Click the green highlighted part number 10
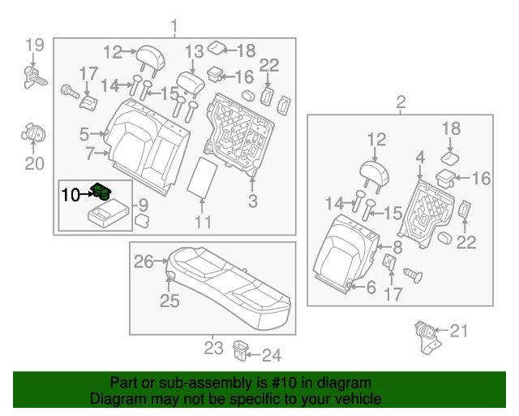(x=103, y=193)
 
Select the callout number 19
(x=33, y=45)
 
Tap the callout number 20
(x=33, y=163)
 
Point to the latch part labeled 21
(x=422, y=334)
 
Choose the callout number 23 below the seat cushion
(x=212, y=348)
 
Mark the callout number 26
(x=143, y=262)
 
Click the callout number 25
(x=169, y=301)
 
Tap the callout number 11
(x=203, y=222)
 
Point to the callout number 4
(x=419, y=155)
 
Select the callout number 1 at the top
(x=174, y=28)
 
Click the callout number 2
(x=400, y=102)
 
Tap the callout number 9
(x=142, y=205)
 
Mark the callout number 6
(x=371, y=287)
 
